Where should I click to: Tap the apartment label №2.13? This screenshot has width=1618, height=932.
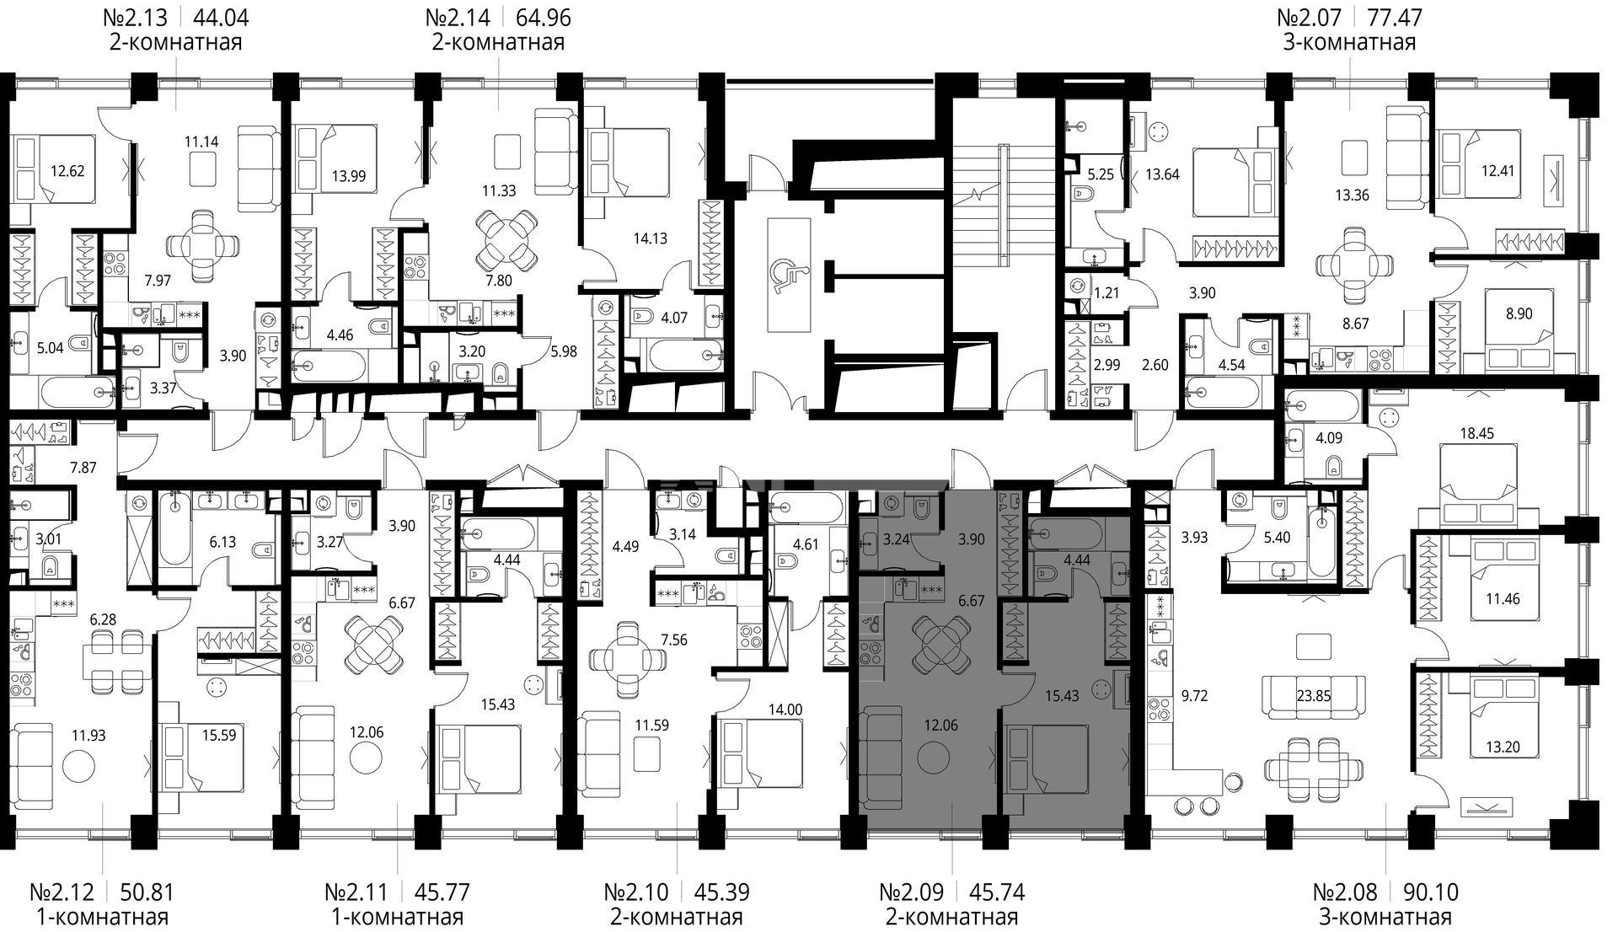coord(135,17)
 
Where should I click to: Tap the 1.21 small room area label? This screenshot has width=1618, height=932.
coord(1107,293)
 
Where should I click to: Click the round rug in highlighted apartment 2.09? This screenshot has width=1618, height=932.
coord(933,758)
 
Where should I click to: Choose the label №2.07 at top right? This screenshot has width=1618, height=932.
coord(1311,17)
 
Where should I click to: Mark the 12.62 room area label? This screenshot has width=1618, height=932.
coord(67,170)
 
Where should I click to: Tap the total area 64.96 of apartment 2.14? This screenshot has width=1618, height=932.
coord(552,17)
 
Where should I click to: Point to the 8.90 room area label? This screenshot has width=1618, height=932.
coord(1519,313)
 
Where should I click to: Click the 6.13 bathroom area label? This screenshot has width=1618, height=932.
coord(222,542)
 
